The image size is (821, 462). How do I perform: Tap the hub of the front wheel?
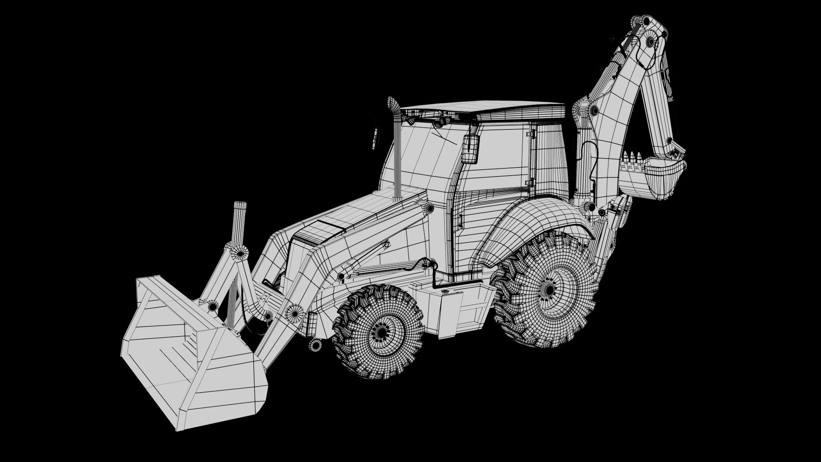tap(379, 331)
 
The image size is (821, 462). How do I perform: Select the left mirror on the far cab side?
tap(375, 138)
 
